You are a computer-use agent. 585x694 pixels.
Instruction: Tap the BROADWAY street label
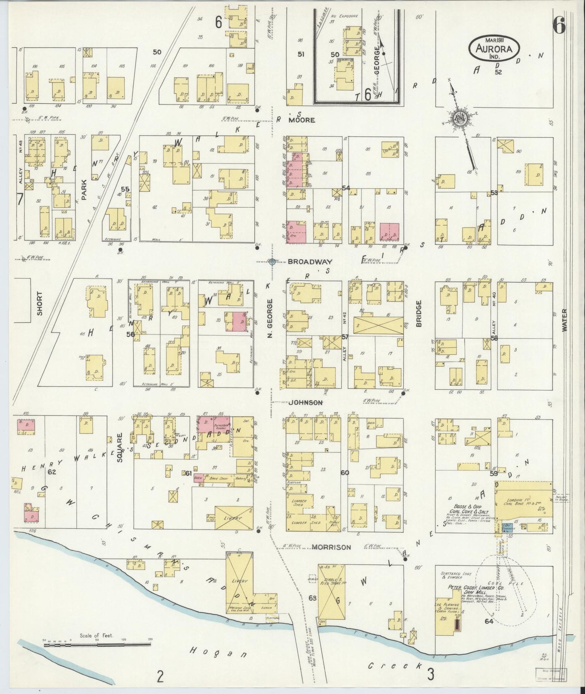coord(300,262)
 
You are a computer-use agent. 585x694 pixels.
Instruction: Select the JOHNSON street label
coord(306,402)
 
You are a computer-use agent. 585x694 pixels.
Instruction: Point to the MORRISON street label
coord(331,547)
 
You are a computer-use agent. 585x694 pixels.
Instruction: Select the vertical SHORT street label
coord(40,303)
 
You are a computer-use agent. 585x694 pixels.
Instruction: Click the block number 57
coord(345,337)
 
